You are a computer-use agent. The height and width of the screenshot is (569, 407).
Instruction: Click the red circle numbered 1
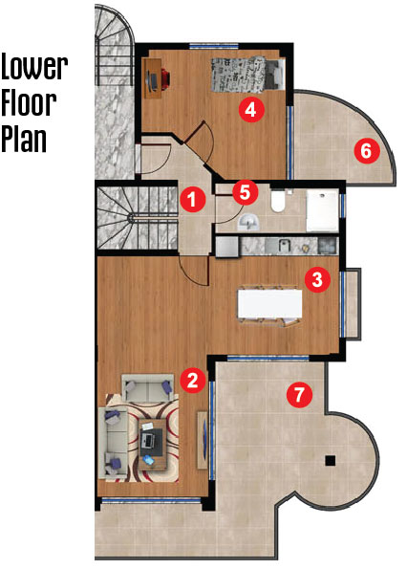[192, 199]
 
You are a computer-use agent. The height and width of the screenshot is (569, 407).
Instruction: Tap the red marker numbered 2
[192, 380]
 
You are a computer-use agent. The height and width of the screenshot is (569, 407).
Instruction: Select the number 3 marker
[317, 279]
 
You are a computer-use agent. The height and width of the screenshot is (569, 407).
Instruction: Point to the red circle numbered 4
[251, 109]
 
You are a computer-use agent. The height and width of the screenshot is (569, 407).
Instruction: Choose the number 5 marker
[246, 192]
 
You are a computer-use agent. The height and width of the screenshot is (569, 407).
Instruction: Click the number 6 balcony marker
[367, 150]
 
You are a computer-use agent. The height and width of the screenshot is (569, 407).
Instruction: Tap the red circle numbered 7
[299, 394]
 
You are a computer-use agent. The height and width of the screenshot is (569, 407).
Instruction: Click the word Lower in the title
[34, 67]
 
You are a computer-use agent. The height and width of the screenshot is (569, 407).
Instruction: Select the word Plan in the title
[24, 139]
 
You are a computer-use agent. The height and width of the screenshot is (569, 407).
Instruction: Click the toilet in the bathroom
[279, 201]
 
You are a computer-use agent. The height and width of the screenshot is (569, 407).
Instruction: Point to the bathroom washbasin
[248, 221]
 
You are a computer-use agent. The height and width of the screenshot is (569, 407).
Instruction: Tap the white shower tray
[322, 210]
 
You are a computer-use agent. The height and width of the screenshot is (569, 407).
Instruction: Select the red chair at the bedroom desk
[163, 79]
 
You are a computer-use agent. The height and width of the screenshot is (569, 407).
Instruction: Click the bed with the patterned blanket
[247, 74]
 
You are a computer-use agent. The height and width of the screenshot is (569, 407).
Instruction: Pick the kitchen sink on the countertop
[285, 246]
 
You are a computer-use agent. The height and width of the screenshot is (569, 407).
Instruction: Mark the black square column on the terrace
[331, 461]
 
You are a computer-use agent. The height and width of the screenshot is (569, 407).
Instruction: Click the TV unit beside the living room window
[203, 440]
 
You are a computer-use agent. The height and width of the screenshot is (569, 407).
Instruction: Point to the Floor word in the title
[29, 103]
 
